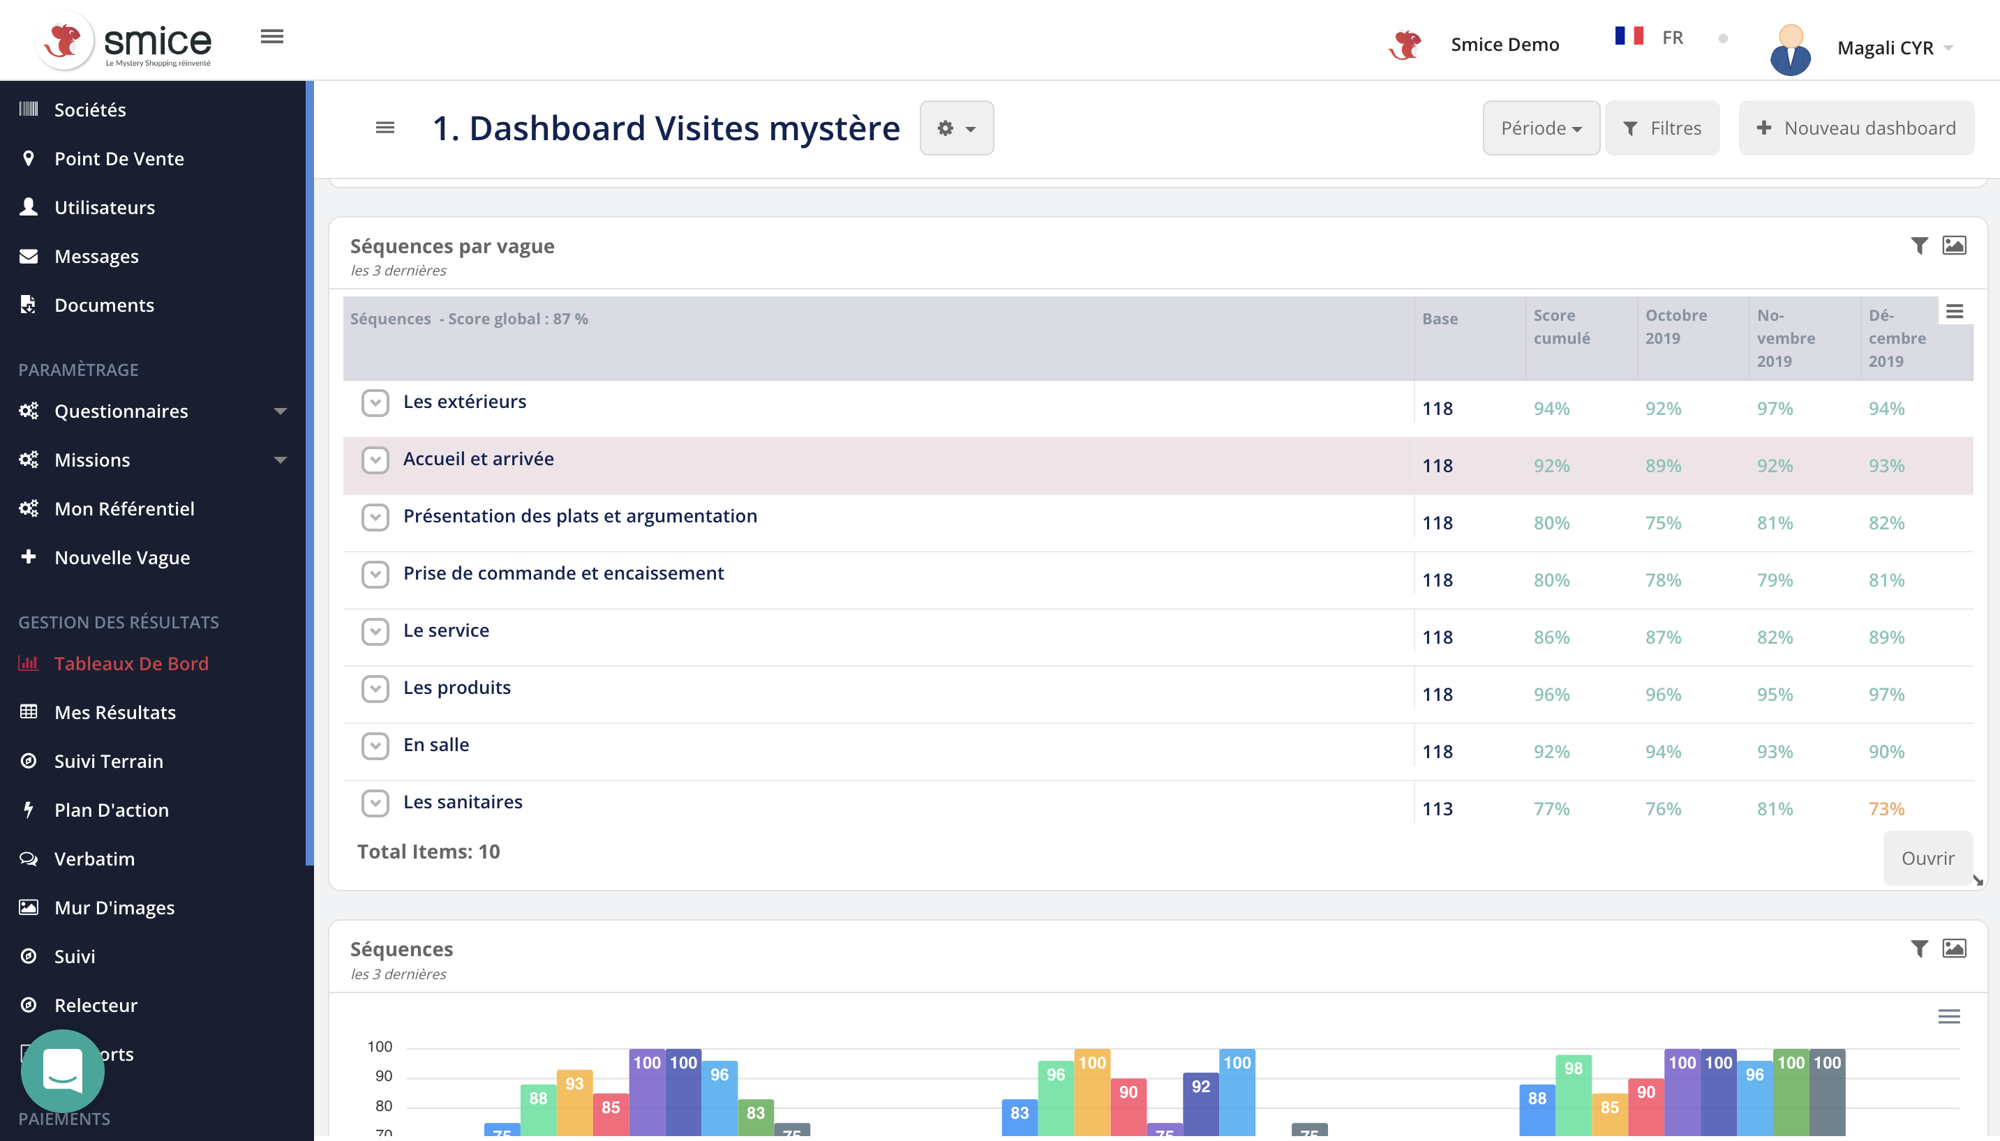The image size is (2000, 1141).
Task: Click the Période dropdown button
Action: pyautogui.click(x=1541, y=128)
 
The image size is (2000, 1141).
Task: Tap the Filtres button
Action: pyautogui.click(x=1662, y=128)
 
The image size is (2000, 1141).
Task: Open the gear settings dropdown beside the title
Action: pyautogui.click(x=957, y=128)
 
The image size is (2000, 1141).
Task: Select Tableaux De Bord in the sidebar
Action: pyautogui.click(x=131, y=663)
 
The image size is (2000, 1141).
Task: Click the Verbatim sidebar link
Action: pyautogui.click(x=94, y=858)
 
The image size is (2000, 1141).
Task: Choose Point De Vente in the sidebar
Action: pyautogui.click(x=119, y=158)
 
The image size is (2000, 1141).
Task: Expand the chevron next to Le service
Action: pyautogui.click(x=375, y=631)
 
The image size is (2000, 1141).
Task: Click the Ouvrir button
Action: pyautogui.click(x=1927, y=857)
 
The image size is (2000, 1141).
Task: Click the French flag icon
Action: pyautogui.click(x=1628, y=36)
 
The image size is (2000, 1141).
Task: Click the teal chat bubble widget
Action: pyautogui.click(x=62, y=1070)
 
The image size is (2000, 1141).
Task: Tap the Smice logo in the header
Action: pyautogui.click(x=126, y=40)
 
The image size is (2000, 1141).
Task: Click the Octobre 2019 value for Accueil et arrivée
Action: pyautogui.click(x=1662, y=465)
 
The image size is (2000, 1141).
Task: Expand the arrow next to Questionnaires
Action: pyautogui.click(x=280, y=411)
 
